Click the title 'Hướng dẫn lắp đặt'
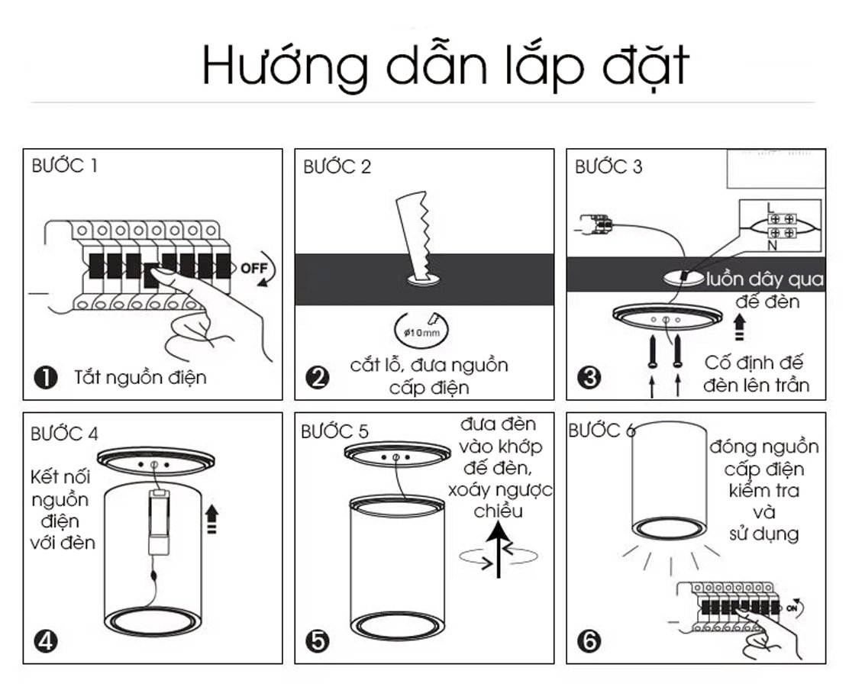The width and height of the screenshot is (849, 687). [x=445, y=66]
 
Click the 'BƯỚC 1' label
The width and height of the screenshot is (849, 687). [x=64, y=166]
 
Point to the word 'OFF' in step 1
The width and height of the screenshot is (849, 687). [x=253, y=268]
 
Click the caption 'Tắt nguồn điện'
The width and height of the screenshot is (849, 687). [x=140, y=377]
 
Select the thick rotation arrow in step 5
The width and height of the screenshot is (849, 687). [x=497, y=554]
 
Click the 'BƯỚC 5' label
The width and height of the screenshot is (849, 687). [x=334, y=431]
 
